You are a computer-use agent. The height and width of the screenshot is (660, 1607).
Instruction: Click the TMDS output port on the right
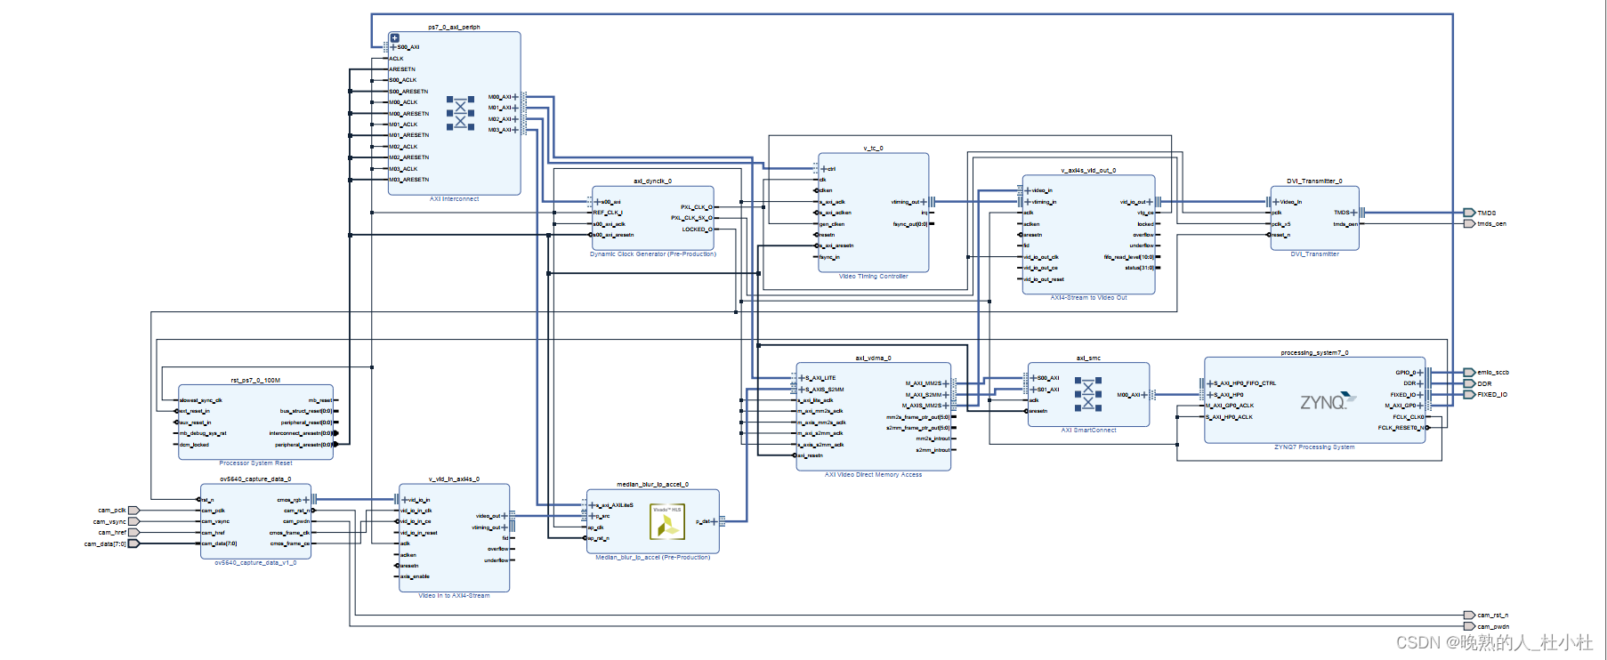[1470, 213]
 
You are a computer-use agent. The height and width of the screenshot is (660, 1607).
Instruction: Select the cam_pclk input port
[133, 511]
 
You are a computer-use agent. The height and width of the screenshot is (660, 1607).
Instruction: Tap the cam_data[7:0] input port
[133, 543]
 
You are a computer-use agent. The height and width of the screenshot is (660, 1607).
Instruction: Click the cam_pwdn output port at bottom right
[1470, 626]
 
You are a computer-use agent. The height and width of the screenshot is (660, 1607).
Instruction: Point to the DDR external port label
[1484, 383]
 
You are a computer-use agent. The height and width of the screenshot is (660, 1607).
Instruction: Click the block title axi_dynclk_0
[652, 181]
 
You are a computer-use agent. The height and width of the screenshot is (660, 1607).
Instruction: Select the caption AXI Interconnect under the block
[454, 199]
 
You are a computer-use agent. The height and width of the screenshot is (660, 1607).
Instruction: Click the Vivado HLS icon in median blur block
[666, 522]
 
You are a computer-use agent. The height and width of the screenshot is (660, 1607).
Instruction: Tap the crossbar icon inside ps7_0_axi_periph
[460, 113]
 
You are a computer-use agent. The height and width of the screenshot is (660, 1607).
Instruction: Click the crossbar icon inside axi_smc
[1087, 394]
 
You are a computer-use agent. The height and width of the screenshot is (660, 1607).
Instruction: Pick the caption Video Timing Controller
[873, 277]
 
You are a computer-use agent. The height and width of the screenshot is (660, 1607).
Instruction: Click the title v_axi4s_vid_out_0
[1088, 170]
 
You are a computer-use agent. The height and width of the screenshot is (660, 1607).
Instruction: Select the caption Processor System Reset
[255, 463]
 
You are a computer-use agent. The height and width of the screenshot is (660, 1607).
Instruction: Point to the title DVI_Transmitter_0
[1314, 181]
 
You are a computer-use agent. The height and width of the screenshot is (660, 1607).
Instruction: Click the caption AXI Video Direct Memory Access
[873, 475]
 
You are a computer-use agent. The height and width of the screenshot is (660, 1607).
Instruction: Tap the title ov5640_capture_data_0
[255, 479]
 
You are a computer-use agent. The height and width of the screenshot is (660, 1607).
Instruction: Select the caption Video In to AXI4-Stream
[454, 596]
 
